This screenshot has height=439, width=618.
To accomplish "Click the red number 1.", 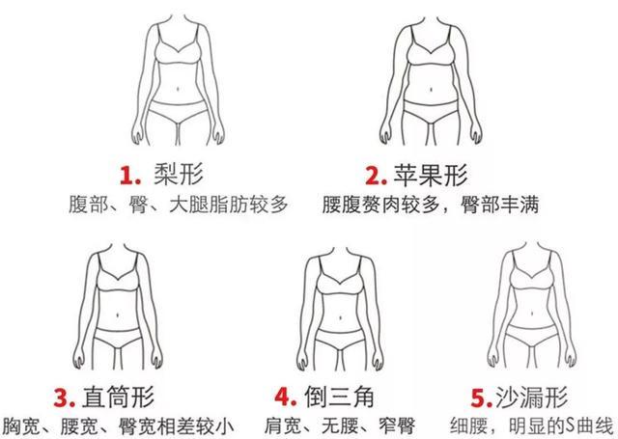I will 126,176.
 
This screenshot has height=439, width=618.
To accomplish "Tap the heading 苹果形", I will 430,175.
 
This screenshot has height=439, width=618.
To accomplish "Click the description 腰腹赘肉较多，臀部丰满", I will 430,206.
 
